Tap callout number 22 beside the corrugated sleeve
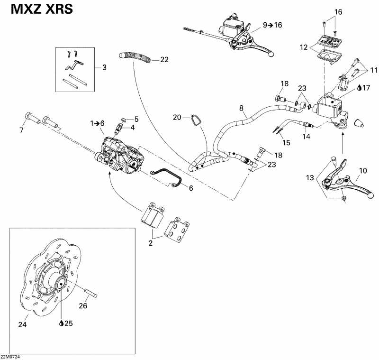pyautogui.click(x=164, y=60)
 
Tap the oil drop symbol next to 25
pyautogui.click(x=62, y=323)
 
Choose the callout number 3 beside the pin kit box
pyautogui.click(x=104, y=67)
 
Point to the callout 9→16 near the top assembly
pyautogui.click(x=272, y=25)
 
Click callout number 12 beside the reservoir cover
pyautogui.click(x=303, y=47)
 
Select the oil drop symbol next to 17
pyautogui.click(x=360, y=87)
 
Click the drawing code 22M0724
pyautogui.click(x=11, y=356)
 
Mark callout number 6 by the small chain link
pyautogui.click(x=191, y=188)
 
